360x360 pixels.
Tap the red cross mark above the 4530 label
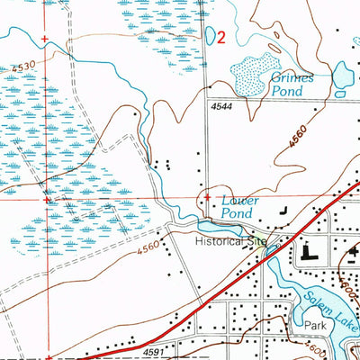click(45, 39)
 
